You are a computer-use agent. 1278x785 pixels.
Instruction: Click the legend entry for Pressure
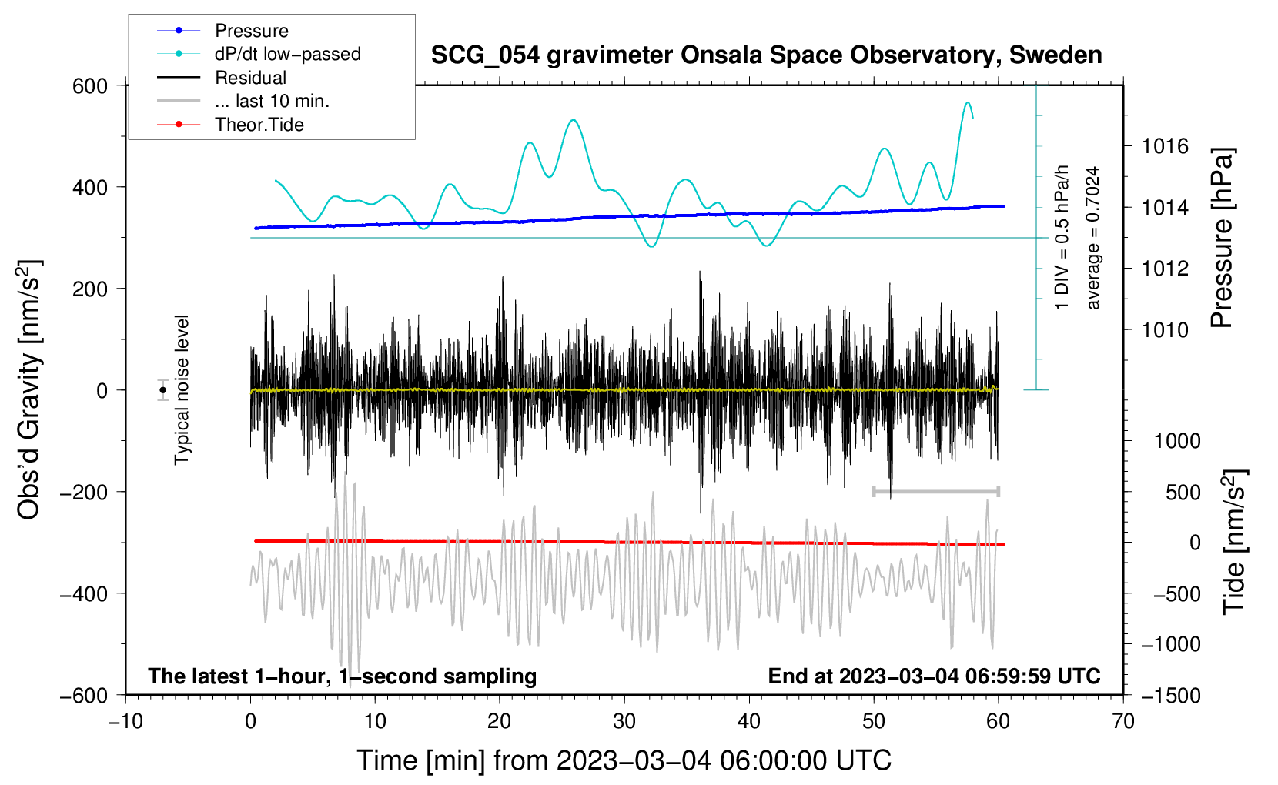[251, 31]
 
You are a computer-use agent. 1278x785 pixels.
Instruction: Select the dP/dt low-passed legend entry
[287, 54]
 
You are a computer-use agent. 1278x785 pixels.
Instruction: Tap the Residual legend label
[250, 78]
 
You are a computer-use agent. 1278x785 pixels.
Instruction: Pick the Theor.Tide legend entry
[259, 125]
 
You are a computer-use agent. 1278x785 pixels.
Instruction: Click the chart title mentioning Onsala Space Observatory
[766, 55]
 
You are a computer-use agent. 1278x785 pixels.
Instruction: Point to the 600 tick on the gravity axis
[90, 85]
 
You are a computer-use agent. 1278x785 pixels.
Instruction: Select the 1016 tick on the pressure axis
[1165, 146]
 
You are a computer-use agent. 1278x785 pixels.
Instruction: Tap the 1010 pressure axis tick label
[1165, 330]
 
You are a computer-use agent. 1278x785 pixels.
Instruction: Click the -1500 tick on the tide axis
[1170, 695]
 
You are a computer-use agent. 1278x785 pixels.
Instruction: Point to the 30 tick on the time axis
[624, 721]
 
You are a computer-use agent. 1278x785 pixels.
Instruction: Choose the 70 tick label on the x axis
[1123, 721]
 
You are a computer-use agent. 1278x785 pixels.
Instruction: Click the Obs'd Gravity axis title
[29, 390]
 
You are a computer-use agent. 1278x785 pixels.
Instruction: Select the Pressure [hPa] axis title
[1222, 238]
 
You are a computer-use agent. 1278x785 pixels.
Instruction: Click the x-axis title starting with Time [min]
[624, 760]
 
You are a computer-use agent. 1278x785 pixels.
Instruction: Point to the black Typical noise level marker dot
[162, 390]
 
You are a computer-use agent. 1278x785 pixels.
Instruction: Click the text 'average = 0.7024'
[1093, 238]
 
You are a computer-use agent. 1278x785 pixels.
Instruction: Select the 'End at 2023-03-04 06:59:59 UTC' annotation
[934, 676]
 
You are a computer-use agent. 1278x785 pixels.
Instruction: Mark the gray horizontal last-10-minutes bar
[935, 491]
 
